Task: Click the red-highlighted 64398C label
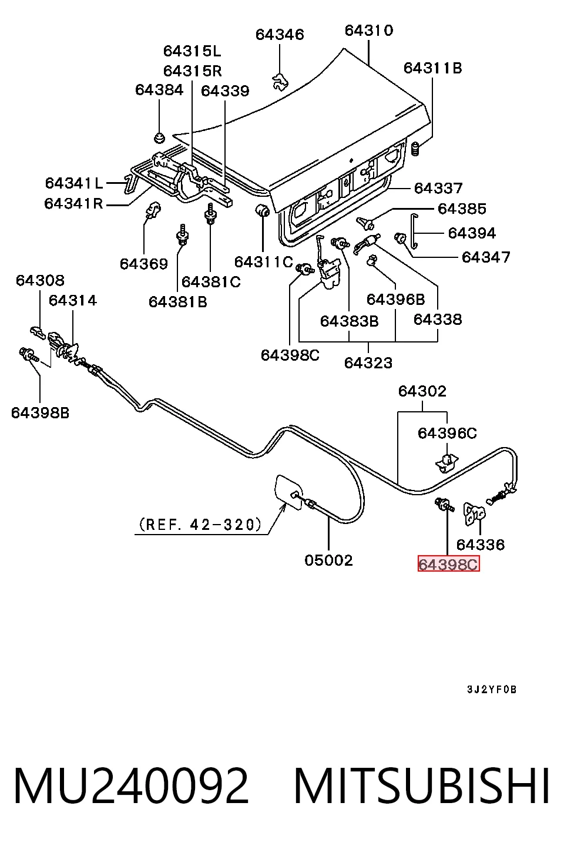pyautogui.click(x=448, y=564)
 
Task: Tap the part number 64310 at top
pyautogui.click(x=368, y=31)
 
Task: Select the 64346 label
pyautogui.click(x=280, y=35)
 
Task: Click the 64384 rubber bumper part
pyautogui.click(x=159, y=137)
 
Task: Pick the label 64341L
pyautogui.click(x=74, y=183)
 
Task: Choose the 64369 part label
pyautogui.click(x=143, y=264)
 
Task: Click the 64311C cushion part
pyautogui.click(x=262, y=210)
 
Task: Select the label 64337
pyautogui.click(x=438, y=188)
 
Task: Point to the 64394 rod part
pyautogui.click(x=414, y=231)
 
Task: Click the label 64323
pyautogui.click(x=368, y=363)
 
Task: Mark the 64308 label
pyautogui.click(x=40, y=281)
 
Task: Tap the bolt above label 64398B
pyautogui.click(x=29, y=354)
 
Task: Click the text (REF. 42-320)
pyautogui.click(x=200, y=525)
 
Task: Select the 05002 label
pyautogui.click(x=328, y=560)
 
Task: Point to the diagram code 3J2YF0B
pyautogui.click(x=492, y=690)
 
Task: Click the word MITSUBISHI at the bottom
pyautogui.click(x=422, y=786)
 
